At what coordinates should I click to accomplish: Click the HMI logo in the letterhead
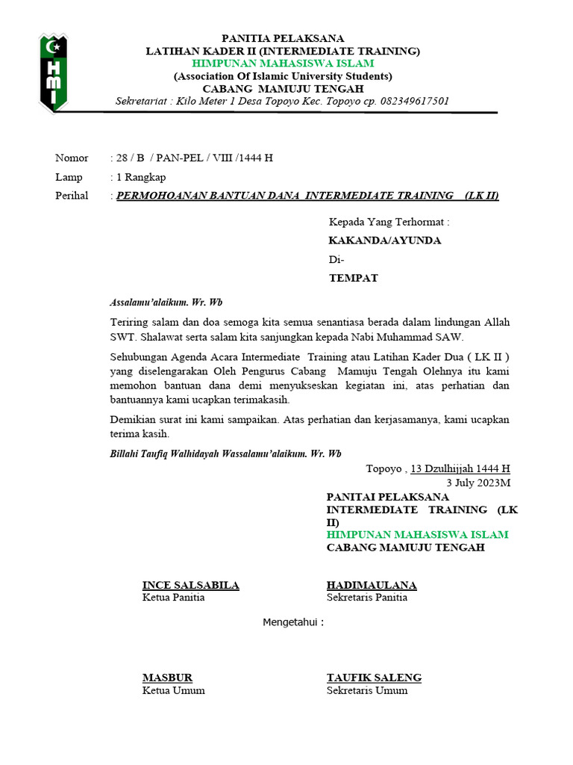(x=53, y=72)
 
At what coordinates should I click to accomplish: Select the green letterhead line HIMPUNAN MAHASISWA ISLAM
(x=283, y=64)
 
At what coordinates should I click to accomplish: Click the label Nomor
(x=72, y=158)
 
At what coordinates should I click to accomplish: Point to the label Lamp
(x=69, y=177)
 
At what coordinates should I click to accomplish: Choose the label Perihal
(x=72, y=196)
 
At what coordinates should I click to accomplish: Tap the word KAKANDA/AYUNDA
(x=385, y=241)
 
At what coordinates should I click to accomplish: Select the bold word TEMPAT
(x=354, y=278)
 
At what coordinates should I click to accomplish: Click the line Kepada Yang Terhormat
(x=389, y=222)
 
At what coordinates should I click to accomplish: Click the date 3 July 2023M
(x=478, y=483)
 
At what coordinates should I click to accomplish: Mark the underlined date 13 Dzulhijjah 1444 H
(x=460, y=469)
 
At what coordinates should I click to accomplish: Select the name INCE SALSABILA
(x=191, y=585)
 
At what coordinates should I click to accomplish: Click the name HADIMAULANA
(x=372, y=585)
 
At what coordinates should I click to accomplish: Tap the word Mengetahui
(x=293, y=622)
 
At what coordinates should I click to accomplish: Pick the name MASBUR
(x=167, y=678)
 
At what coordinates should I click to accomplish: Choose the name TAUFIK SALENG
(x=374, y=678)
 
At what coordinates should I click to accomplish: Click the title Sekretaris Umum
(x=367, y=690)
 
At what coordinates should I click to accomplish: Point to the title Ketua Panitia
(x=173, y=598)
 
